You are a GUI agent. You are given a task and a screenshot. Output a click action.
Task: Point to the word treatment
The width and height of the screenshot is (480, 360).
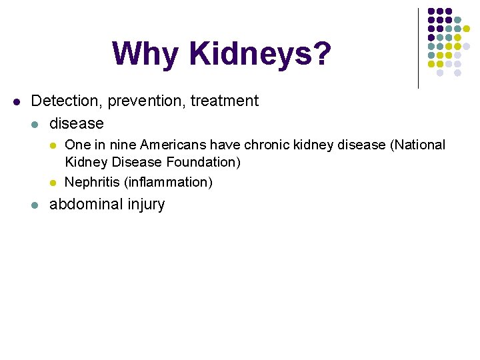coord(225,101)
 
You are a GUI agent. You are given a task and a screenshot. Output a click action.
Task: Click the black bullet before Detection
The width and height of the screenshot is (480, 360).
coord(17,102)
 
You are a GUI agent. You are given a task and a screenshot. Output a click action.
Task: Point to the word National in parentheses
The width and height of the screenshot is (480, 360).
coord(418,145)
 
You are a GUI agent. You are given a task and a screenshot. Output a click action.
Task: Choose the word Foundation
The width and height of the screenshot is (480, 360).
coord(205,162)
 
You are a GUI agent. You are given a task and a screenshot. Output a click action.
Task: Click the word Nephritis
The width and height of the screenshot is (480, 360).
coord(92,181)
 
